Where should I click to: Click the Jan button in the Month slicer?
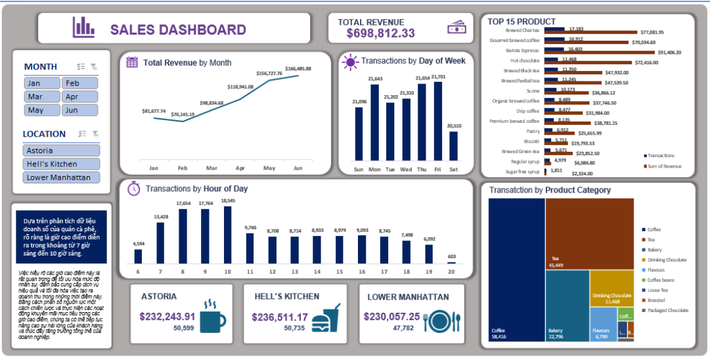coord(41,83)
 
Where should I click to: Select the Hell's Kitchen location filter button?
coord(61,164)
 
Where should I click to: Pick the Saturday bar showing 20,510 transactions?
coord(453,145)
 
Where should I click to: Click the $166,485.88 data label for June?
coord(298,68)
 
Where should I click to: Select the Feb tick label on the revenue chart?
coord(183,168)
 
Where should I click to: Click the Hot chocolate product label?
coord(525,61)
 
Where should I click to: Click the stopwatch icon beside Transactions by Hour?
coord(133,189)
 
